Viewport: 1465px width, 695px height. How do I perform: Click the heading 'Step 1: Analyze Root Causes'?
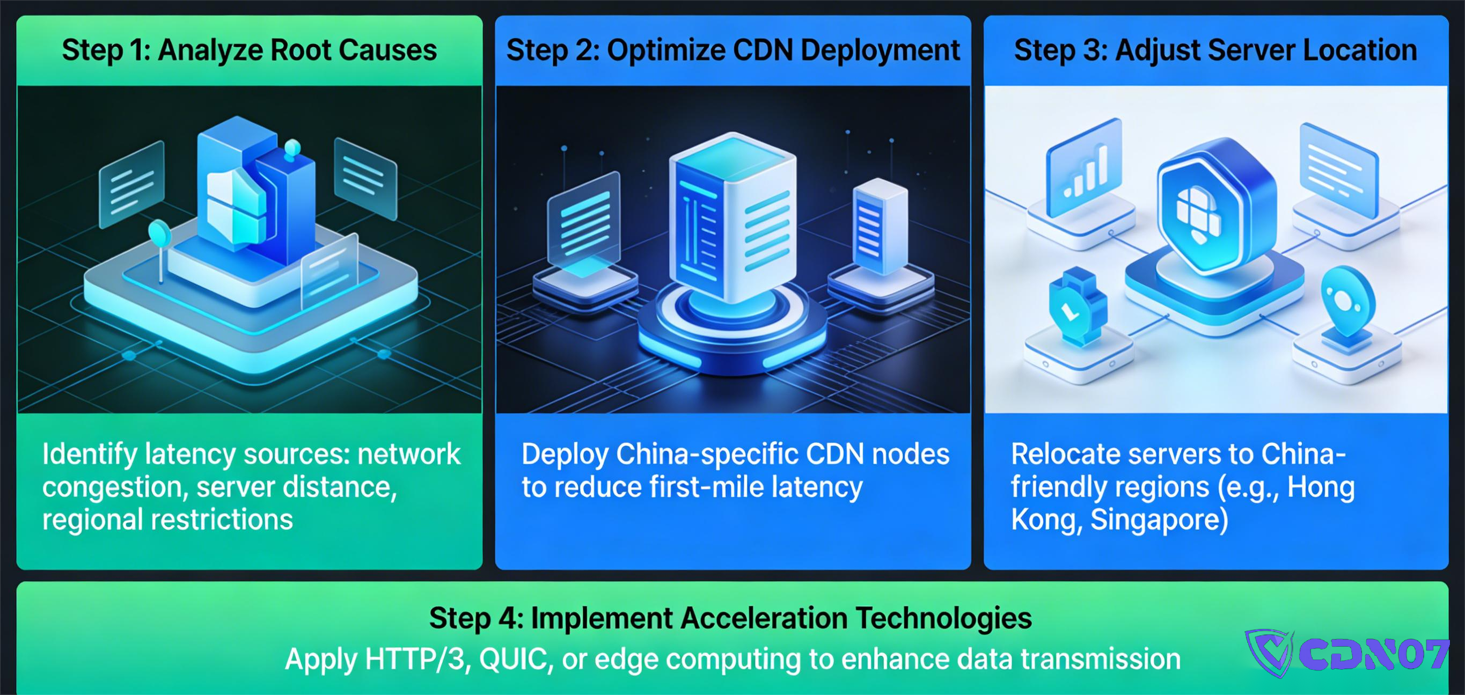tap(249, 50)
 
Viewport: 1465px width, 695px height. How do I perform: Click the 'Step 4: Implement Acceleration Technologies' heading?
tap(730, 618)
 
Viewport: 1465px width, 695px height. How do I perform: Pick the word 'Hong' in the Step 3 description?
tap(1321, 487)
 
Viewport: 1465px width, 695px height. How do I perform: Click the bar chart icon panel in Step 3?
tap(1084, 170)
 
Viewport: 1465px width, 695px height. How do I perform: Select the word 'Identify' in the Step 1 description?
tap(89, 455)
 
